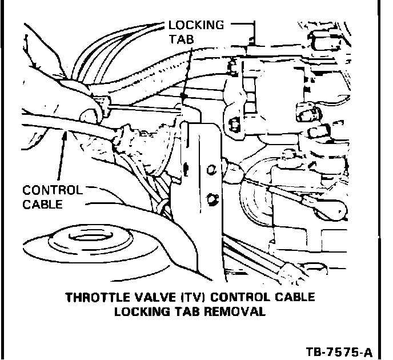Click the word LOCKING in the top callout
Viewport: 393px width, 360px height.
click(x=196, y=26)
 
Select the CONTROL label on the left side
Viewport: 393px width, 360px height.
click(x=53, y=190)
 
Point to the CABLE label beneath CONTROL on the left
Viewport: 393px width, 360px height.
click(x=43, y=204)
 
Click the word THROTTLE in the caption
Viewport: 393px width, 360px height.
click(x=94, y=298)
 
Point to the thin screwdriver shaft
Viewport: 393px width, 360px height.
click(x=143, y=106)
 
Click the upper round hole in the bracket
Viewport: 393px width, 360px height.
click(x=211, y=169)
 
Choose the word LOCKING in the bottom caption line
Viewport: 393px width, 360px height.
click(x=140, y=312)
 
